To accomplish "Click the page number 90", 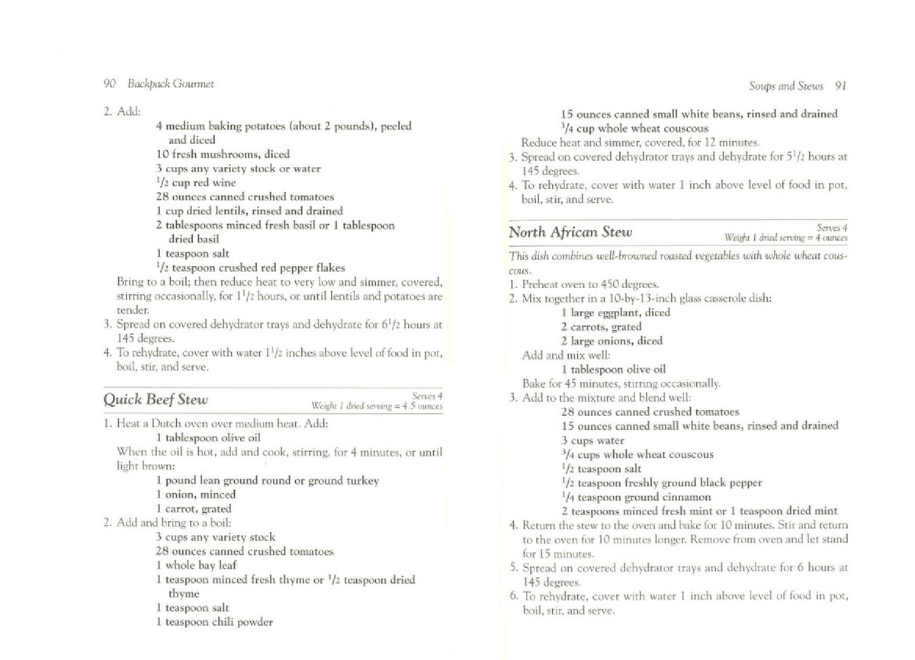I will tap(108, 84).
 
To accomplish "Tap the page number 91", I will tap(841, 85).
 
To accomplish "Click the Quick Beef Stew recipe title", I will tap(156, 399).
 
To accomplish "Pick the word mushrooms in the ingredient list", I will tap(226, 154).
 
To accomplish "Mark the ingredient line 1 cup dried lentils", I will tap(249, 211).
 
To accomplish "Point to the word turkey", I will tap(362, 481).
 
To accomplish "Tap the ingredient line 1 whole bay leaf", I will tap(196, 565).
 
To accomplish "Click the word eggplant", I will tap(619, 312).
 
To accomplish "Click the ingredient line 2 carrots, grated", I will tap(601, 327).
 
